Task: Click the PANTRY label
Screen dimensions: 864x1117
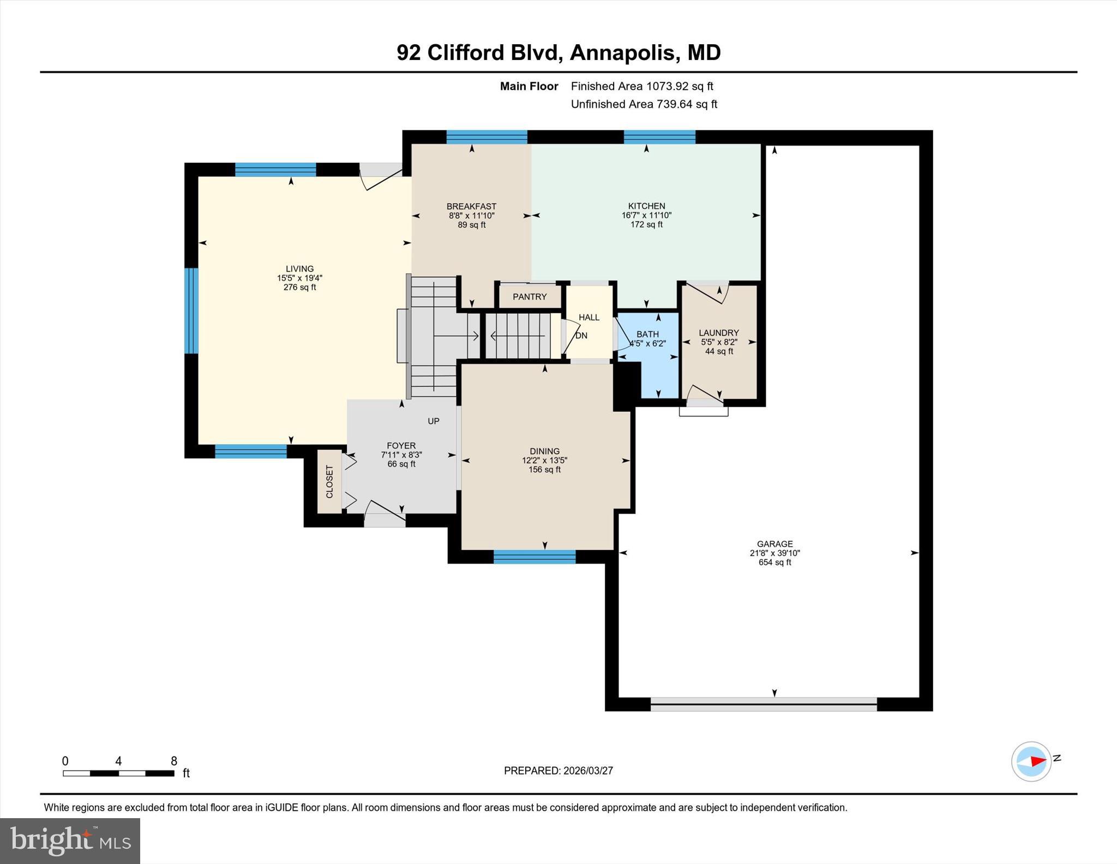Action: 529,297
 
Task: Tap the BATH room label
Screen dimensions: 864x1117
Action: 647,334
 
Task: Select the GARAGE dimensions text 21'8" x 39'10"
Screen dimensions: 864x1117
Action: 774,553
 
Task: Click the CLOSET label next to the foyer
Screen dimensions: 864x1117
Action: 329,481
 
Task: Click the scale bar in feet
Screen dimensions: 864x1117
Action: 118,773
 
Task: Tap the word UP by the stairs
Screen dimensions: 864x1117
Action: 433,421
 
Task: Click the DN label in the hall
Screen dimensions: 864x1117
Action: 581,336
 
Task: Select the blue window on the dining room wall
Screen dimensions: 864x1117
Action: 534,557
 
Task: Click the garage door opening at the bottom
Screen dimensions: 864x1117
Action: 763,704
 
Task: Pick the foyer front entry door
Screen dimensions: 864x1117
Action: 385,516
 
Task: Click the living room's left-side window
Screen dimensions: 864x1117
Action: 191,311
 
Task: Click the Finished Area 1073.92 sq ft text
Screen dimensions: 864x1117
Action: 641,86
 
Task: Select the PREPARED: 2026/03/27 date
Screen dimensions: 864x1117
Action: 558,771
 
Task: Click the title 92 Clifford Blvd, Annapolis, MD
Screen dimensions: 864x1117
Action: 558,53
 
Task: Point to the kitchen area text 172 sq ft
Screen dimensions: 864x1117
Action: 646,225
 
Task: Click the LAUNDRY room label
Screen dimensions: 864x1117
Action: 718,333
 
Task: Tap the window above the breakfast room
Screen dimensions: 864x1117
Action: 487,137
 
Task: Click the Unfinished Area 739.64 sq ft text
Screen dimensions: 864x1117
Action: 644,104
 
